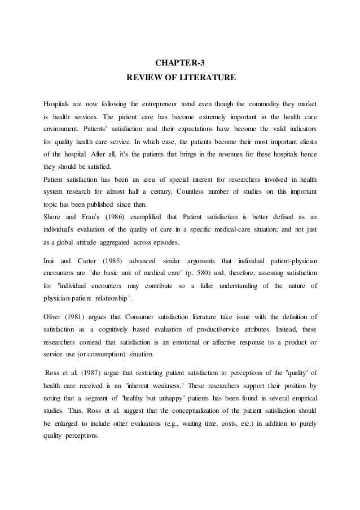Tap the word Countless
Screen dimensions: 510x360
[x=194, y=190]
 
